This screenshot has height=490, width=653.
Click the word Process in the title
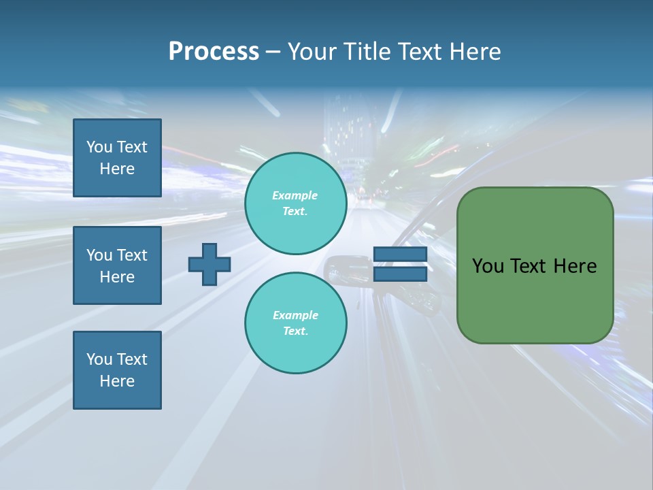point(214,51)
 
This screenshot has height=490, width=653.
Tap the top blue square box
point(117,158)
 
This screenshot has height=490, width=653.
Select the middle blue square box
point(117,265)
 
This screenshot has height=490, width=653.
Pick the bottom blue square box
point(117,370)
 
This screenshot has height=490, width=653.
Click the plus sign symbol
point(210,264)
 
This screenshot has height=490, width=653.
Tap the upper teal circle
point(296,203)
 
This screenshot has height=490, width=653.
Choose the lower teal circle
point(296,323)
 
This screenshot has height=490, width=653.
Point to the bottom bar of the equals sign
point(400,274)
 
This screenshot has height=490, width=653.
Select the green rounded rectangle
point(535,299)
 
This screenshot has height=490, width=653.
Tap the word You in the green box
point(488,266)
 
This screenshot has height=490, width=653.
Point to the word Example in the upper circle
point(295,195)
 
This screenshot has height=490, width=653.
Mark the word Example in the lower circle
point(295,315)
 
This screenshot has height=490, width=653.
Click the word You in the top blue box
point(99,147)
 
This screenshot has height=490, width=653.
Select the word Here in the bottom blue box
point(117,381)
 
